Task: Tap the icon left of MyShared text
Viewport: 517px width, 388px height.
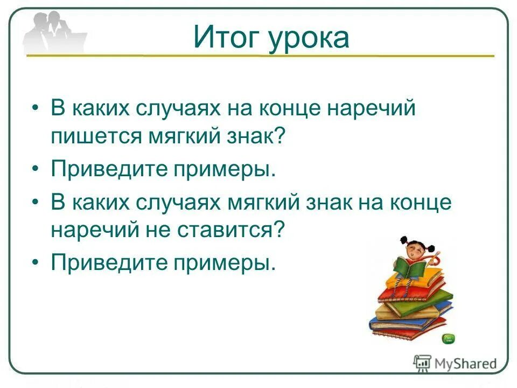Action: tap(422, 363)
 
